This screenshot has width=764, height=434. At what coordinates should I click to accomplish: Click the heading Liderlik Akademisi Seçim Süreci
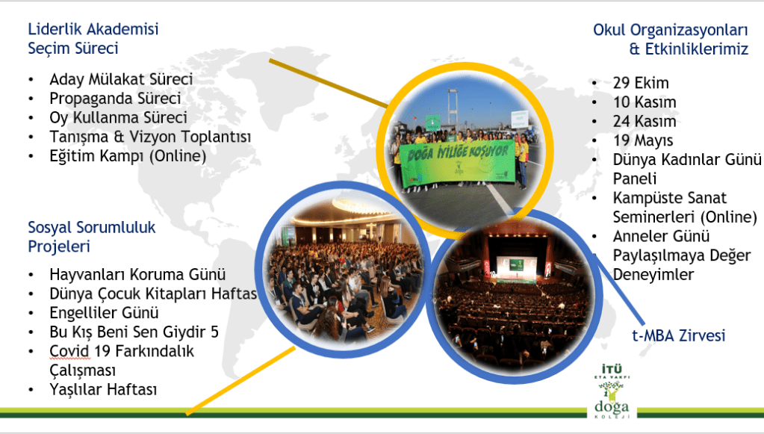pos(93,39)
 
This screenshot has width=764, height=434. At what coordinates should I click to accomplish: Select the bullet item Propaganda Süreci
pos(115,99)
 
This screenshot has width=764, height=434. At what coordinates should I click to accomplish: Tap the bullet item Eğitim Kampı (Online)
pos(128,156)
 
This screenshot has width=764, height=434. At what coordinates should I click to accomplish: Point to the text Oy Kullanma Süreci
pos(119,117)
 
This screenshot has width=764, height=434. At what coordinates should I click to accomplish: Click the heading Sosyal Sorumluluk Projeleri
pos(92,237)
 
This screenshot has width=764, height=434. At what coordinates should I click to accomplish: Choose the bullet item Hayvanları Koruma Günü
pos(137,274)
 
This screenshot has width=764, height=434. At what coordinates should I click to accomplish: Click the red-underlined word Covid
pos(69,351)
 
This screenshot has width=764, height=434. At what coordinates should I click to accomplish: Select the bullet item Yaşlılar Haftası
pos(103,390)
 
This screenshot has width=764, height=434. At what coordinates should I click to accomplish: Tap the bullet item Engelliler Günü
pos(105,313)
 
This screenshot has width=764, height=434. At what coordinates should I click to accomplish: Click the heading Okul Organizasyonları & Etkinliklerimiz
pos(671,40)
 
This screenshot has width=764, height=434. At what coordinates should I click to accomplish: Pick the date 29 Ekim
pos(641,83)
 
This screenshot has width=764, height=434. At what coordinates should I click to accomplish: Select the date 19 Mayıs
pos(643,140)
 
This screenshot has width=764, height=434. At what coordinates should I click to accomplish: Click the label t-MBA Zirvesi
pos(679,335)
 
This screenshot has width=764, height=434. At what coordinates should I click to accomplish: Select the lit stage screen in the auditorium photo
pos(516,265)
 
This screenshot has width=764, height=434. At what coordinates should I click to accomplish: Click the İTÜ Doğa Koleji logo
pos(612,391)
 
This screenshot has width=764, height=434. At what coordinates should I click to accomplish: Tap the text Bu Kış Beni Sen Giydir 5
pos(134,332)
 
